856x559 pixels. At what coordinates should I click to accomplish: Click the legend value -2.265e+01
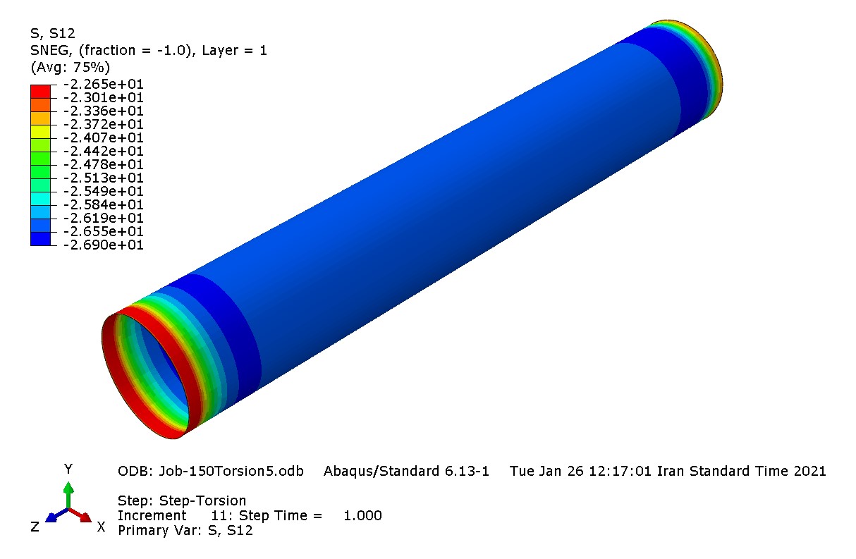(x=103, y=84)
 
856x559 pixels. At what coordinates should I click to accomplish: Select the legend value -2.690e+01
(x=103, y=245)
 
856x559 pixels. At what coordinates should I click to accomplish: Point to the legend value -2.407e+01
(x=103, y=137)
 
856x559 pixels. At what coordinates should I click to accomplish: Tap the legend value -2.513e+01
(x=103, y=178)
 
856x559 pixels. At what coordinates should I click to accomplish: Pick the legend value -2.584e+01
(x=103, y=204)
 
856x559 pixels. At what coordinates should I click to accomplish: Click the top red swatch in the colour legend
(x=40, y=92)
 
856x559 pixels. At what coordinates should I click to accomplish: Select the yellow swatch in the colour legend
(x=40, y=131)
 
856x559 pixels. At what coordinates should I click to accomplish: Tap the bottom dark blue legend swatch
(x=40, y=239)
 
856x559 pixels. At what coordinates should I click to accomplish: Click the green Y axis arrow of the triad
(x=68, y=495)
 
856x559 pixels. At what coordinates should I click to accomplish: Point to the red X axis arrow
(x=80, y=515)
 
